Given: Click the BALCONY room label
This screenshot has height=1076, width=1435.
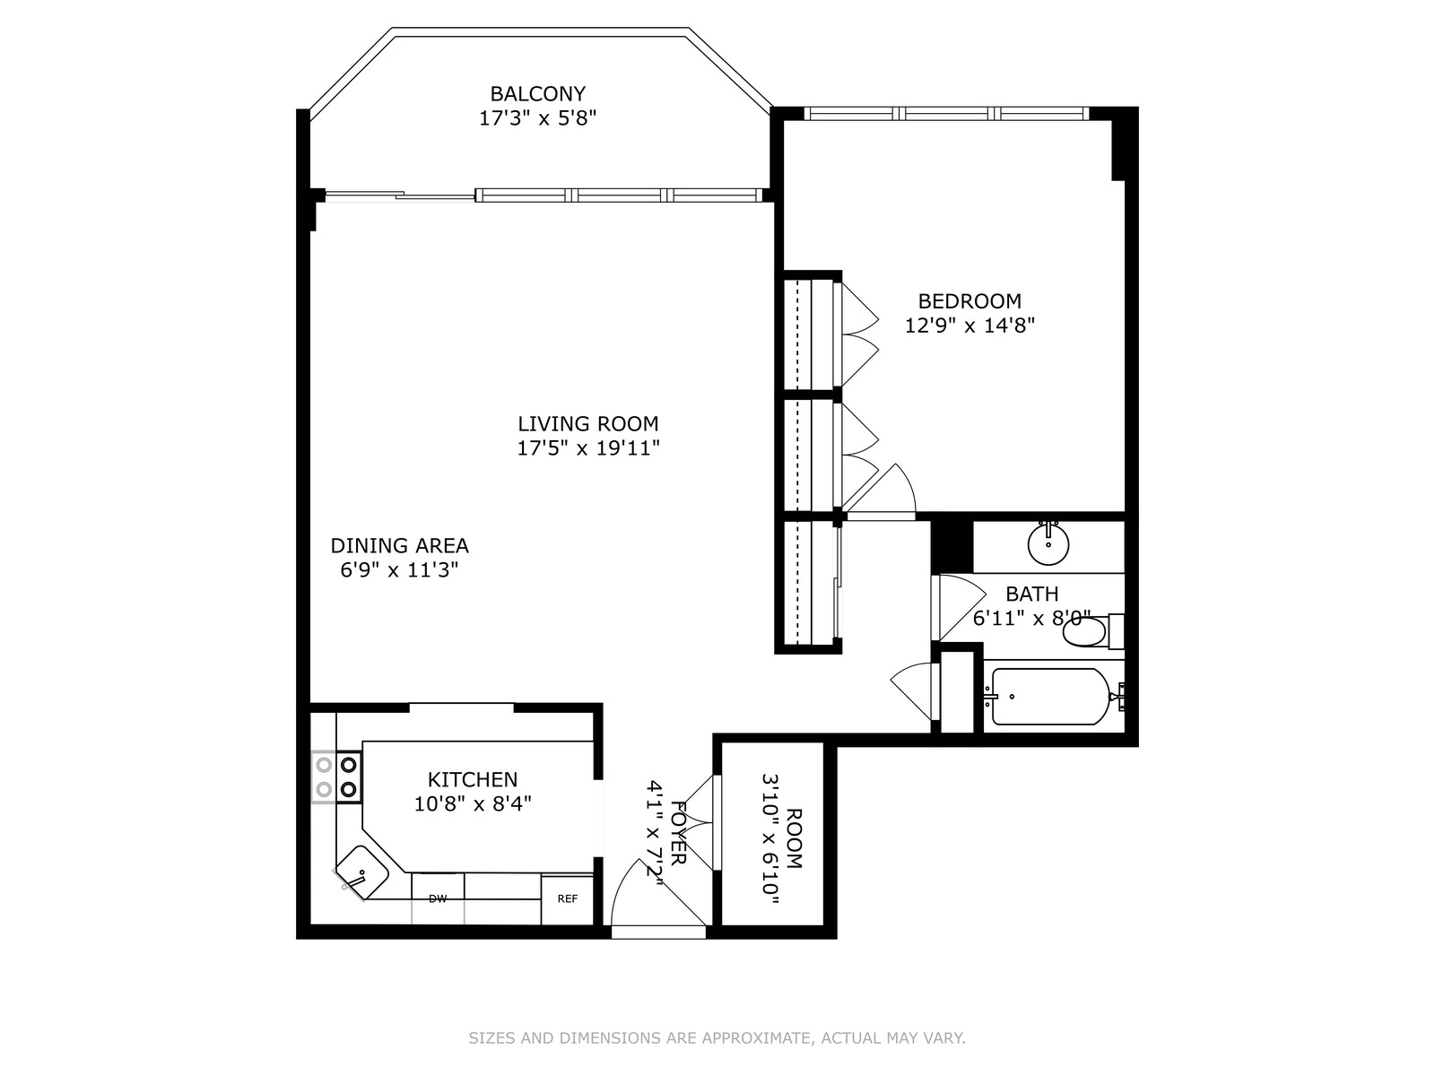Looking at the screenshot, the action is [x=537, y=94].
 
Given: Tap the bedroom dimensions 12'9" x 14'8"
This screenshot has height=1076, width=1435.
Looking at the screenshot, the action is [x=970, y=325].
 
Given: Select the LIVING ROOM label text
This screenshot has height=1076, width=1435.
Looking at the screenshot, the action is [x=587, y=424].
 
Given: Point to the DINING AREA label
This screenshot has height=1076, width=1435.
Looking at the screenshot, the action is [x=399, y=545].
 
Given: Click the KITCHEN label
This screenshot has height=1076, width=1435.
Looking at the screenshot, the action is [x=472, y=779].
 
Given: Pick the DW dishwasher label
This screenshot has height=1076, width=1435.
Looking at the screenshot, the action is [x=438, y=899].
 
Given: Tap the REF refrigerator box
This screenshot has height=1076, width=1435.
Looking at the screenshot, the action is [x=567, y=899].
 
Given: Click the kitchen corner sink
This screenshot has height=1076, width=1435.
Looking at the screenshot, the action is [x=361, y=872].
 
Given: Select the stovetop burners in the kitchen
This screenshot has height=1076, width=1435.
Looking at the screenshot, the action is [x=336, y=777].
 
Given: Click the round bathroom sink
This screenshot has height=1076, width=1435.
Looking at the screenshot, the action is [x=1048, y=543].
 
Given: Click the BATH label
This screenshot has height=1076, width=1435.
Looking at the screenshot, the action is [x=1031, y=594].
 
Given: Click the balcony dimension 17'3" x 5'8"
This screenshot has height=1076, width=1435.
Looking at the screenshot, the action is [x=537, y=118].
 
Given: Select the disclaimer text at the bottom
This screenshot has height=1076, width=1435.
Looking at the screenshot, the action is [x=717, y=1038].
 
